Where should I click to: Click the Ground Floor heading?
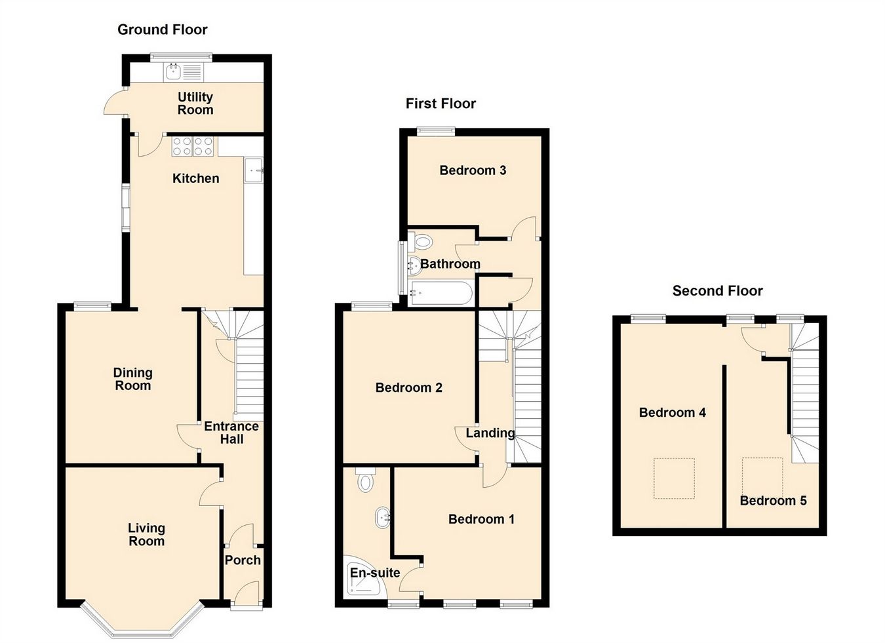click(162, 29)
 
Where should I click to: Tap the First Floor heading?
click(441, 104)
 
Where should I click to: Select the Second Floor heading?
click(717, 291)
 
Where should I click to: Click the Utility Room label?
click(195, 104)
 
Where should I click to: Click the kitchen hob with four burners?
click(193, 146)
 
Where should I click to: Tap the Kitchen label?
click(195, 178)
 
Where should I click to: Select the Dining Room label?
click(132, 379)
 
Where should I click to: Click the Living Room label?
click(146, 534)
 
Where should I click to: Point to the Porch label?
click(243, 560)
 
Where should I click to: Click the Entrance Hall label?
click(231, 433)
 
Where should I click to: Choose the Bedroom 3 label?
click(472, 170)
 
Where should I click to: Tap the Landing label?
click(490, 433)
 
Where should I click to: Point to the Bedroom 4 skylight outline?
click(674, 478)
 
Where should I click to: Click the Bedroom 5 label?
click(773, 501)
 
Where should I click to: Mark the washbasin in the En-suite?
click(382, 518)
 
